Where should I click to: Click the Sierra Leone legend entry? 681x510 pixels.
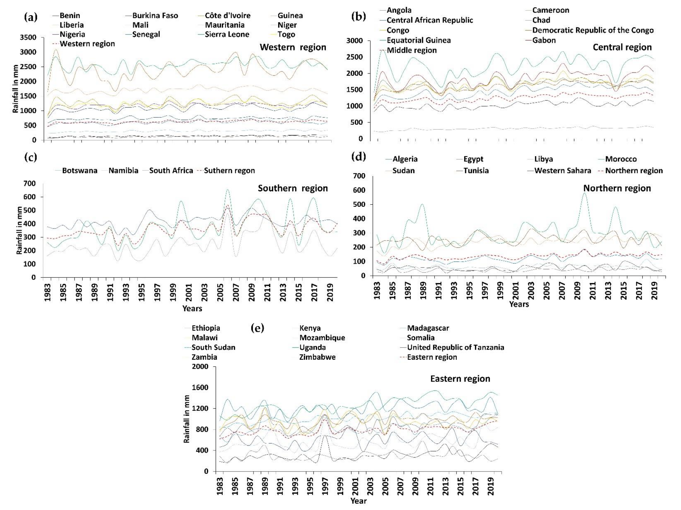click(x=227, y=34)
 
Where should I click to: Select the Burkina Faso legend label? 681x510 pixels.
click(x=155, y=15)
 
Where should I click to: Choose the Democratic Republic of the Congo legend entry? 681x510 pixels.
click(x=593, y=30)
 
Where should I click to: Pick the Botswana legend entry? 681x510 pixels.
click(x=79, y=170)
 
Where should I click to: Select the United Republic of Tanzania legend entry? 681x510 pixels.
click(x=455, y=347)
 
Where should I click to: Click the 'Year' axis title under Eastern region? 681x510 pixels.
click(x=358, y=501)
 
